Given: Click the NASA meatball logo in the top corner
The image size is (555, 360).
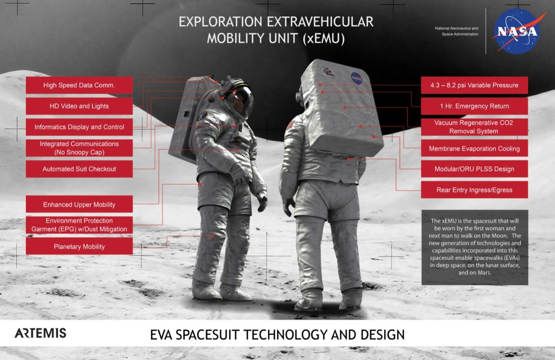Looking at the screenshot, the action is (517, 31).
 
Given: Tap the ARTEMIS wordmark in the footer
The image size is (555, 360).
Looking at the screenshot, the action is (41, 333).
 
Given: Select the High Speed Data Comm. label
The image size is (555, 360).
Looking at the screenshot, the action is (79, 85).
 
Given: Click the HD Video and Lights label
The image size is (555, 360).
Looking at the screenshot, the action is (79, 106).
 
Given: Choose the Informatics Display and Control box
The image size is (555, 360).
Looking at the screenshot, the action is (79, 127).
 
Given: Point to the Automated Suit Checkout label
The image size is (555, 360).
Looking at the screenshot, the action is (79, 169).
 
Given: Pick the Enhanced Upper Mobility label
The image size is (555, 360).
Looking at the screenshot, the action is (79, 204).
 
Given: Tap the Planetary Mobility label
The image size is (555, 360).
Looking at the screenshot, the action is (79, 246).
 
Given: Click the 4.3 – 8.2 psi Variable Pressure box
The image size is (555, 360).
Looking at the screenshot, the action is (474, 85).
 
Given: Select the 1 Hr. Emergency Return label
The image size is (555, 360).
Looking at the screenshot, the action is (474, 106).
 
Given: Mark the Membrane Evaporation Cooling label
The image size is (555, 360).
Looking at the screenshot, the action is (474, 148).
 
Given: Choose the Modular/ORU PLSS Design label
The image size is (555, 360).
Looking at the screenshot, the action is (474, 169).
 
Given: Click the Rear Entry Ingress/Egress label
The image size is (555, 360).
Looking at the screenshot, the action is (474, 190).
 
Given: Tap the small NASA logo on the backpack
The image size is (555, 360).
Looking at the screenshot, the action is (356, 78).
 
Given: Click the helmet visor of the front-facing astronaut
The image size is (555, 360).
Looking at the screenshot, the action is (241, 101).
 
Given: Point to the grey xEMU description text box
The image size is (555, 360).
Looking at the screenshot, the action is (475, 247).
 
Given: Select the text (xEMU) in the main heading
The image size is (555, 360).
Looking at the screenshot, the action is (323, 38).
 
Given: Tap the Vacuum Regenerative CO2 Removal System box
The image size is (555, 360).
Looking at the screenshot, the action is (474, 127).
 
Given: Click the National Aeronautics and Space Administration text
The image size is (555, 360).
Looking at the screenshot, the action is (457, 31).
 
